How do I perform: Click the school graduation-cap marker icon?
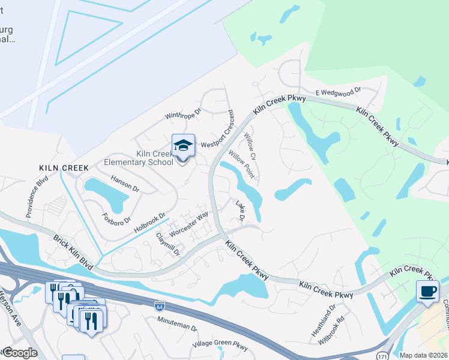pyautogui.click(x=184, y=146)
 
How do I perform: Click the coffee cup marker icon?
pyautogui.click(x=427, y=292)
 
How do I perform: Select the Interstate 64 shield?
pyautogui.click(x=159, y=305)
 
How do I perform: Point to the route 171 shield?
pyautogui.click(x=382, y=356)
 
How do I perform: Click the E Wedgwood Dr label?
pyautogui.click(x=338, y=92)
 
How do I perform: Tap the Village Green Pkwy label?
pyautogui.click(x=220, y=347)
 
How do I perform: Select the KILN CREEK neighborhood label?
pyautogui.click(x=64, y=168)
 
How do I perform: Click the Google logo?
pyautogui.click(x=19, y=353)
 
